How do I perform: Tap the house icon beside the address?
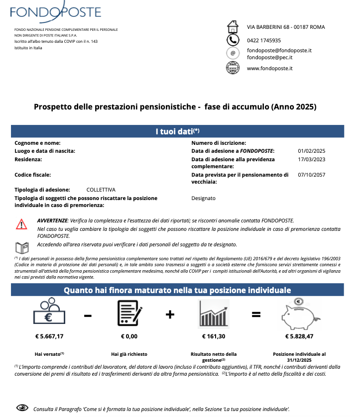pos(233,27)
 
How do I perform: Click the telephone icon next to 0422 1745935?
pos(233,40)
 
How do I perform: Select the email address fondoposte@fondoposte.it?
pos(279,50)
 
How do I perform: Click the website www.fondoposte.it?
pos(269,68)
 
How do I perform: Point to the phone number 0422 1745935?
pos(267,40)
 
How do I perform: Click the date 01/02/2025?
pos(311,150)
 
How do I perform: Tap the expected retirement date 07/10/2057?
pos(311,175)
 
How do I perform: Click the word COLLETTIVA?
pos(101,190)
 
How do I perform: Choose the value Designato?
pos(203,198)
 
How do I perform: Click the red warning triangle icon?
pos(21,224)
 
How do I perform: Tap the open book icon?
pos(21,247)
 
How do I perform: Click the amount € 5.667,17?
pos(49,336)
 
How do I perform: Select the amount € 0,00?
pos(129,336)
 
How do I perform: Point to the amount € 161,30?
pos(214,336)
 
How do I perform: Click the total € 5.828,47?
pos(299,336)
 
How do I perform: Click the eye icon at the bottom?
pos(22,408)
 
